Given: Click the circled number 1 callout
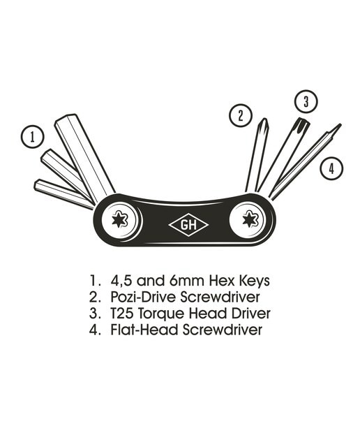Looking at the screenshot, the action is (x=33, y=137).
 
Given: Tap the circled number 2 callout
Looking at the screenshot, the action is (x=241, y=115).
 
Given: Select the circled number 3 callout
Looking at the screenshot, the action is (x=306, y=101).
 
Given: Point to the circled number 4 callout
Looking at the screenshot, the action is (x=331, y=168).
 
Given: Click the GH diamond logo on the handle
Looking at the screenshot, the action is (x=188, y=225).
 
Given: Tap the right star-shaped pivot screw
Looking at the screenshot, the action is (x=250, y=219).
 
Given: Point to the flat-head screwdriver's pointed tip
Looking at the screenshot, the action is (x=340, y=125).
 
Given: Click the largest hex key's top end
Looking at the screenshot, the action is (x=66, y=117).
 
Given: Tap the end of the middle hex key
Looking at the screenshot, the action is (x=45, y=154).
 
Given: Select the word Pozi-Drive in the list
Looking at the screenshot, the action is (x=143, y=297).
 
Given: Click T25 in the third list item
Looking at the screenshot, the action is (x=121, y=314).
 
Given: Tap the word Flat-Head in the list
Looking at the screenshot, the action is (x=144, y=330).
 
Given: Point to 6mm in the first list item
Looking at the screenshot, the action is (x=187, y=281).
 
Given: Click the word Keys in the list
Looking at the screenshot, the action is (x=254, y=281).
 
